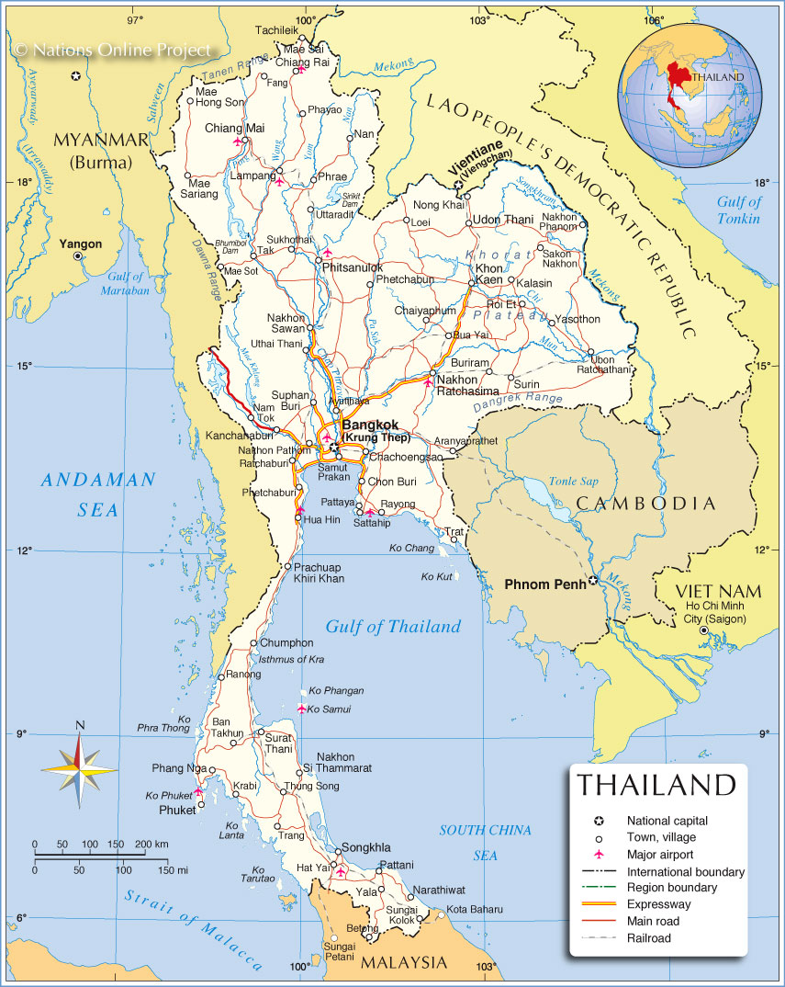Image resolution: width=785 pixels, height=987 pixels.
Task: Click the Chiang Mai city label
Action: point(234,128)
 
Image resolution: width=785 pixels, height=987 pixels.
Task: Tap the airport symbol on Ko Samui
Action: point(302,708)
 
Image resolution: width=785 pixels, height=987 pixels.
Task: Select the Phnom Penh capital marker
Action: point(593,581)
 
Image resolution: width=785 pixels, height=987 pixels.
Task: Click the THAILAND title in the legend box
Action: point(656,785)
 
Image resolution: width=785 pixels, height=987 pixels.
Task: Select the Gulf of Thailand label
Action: point(393,627)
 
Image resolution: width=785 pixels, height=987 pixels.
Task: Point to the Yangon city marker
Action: point(79,257)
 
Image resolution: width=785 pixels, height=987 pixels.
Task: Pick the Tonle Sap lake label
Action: point(573,482)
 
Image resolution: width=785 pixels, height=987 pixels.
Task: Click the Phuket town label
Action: point(177,811)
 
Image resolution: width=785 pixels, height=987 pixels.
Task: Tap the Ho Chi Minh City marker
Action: point(703,631)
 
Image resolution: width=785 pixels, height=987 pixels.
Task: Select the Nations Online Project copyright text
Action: point(112,50)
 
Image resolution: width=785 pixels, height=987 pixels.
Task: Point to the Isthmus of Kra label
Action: point(292,660)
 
